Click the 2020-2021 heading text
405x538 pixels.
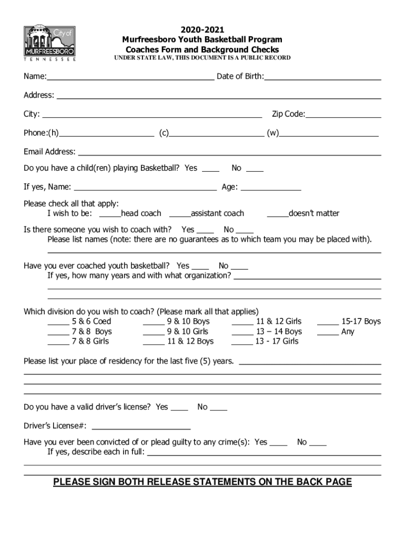click(202, 30)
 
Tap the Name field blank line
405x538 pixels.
click(130, 78)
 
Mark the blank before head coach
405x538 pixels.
click(110, 215)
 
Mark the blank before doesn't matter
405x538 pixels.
click(277, 215)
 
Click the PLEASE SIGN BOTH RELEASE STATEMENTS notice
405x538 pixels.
click(202, 482)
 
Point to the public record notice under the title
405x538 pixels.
click(202, 58)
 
